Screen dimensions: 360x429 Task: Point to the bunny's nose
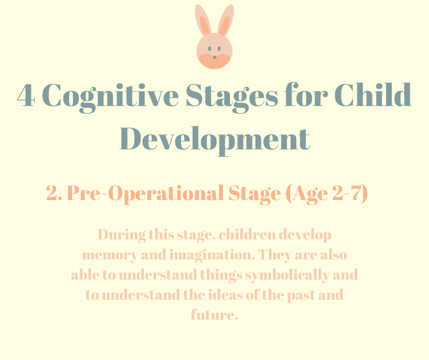click(214, 57)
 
